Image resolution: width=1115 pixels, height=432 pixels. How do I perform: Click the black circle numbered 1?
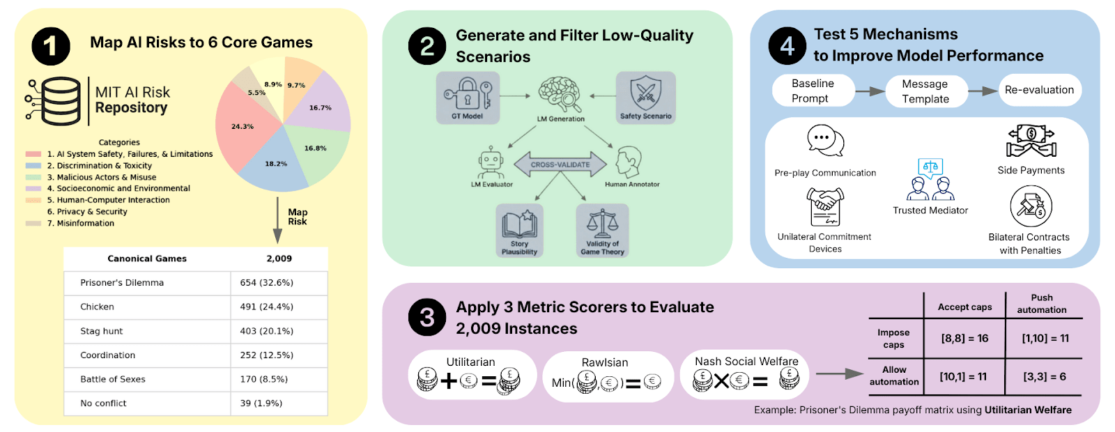(x=51, y=46)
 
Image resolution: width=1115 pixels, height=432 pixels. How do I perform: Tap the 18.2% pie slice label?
(x=276, y=164)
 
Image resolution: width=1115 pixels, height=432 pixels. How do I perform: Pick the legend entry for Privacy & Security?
(x=87, y=212)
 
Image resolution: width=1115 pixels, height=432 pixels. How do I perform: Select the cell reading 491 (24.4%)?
(x=267, y=307)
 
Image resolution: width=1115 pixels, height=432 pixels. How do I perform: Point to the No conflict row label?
(x=103, y=403)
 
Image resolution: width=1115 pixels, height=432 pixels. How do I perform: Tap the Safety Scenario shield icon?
(x=645, y=93)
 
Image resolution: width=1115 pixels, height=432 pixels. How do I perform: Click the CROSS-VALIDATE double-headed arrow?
(x=560, y=165)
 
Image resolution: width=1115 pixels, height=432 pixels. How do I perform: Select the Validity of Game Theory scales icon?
(x=602, y=224)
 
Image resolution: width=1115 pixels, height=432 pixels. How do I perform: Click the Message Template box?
(x=925, y=91)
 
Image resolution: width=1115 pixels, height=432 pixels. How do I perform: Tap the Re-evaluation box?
(x=1039, y=90)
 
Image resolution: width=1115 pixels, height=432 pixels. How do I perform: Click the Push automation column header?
(x=1042, y=304)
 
